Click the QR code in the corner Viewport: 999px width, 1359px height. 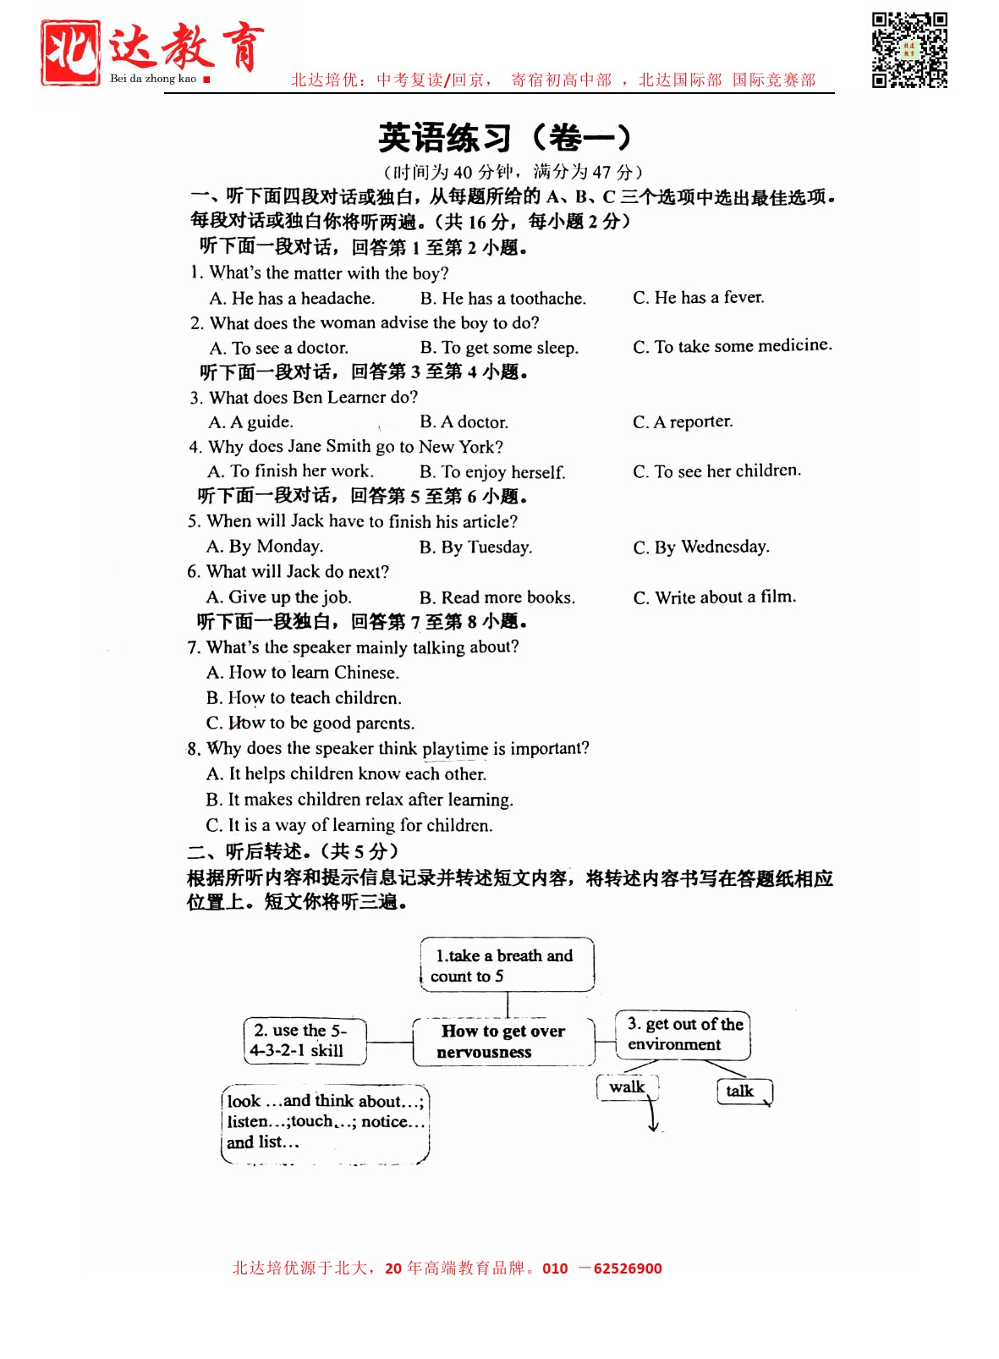point(909,50)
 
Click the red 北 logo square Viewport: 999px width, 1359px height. point(70,52)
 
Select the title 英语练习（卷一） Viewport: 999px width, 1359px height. point(505,138)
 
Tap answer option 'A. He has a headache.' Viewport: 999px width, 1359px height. point(292,298)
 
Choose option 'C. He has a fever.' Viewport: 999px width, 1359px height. point(698,297)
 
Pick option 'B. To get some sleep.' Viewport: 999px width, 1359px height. point(499,348)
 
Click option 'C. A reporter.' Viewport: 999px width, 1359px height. point(683,421)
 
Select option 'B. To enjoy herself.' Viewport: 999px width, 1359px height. point(492,472)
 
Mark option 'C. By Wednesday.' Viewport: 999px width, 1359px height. point(701,547)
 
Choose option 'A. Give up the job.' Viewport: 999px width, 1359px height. point(279,597)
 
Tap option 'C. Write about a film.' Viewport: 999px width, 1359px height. point(715,597)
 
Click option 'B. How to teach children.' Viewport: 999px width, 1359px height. point(304,698)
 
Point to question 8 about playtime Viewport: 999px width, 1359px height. point(388,749)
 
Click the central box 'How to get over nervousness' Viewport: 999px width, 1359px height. point(503,1042)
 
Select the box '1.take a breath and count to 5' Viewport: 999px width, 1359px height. point(507,965)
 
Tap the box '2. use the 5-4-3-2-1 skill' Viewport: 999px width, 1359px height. point(305,1041)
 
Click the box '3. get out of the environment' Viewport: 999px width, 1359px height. point(683,1034)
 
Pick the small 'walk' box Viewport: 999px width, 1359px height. point(627,1087)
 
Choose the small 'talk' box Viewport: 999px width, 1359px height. point(741,1092)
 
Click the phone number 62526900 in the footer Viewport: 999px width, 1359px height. point(628,1268)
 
